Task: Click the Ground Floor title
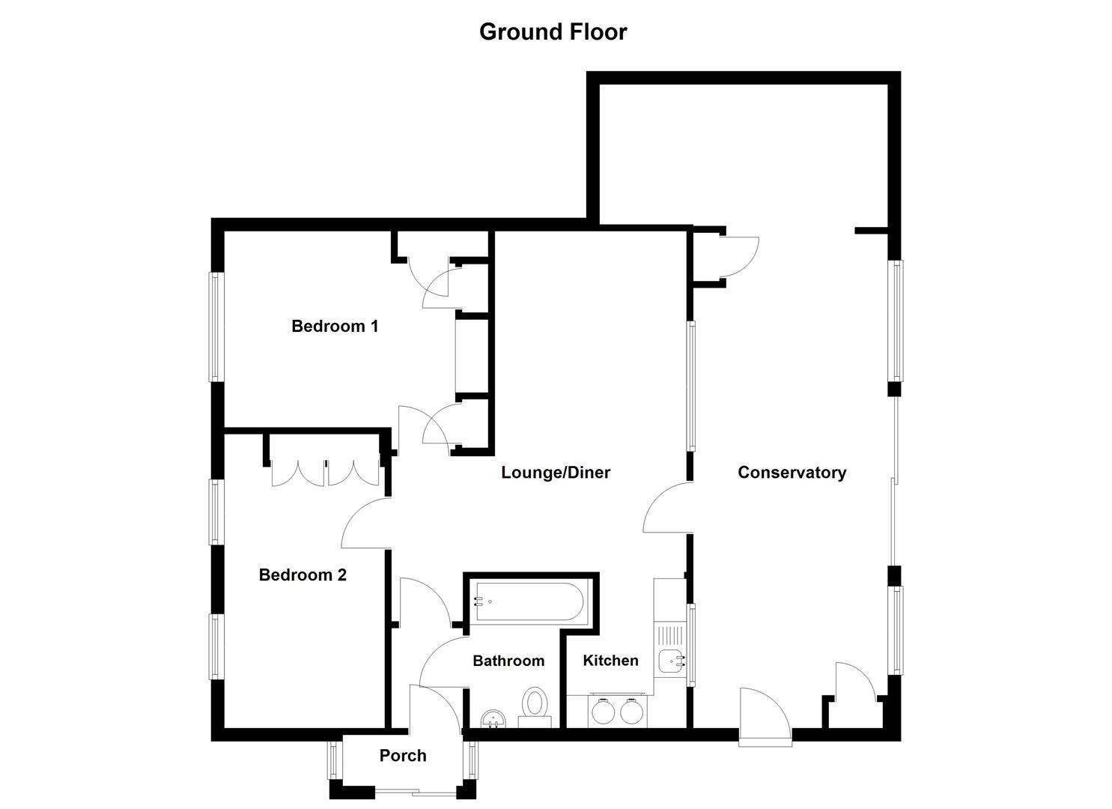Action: [553, 31]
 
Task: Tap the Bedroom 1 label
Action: [335, 326]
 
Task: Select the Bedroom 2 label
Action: [303, 575]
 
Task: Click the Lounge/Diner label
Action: [556, 472]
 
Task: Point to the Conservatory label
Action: [792, 472]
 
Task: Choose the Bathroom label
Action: [508, 660]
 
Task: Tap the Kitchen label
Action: [610, 660]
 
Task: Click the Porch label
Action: [403, 755]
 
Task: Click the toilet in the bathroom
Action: [535, 704]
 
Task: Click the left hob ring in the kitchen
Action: [603, 711]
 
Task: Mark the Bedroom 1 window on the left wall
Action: [216, 327]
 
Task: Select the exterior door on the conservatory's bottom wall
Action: [765, 718]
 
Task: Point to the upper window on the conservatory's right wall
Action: [895, 321]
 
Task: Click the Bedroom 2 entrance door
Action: [365, 523]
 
